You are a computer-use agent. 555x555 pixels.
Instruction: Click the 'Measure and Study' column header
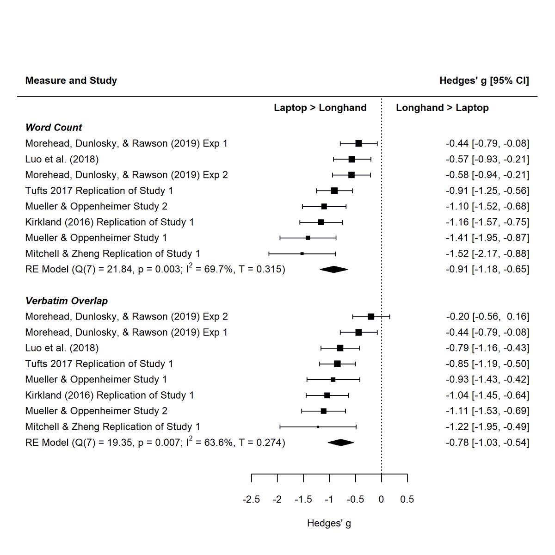[x=71, y=80]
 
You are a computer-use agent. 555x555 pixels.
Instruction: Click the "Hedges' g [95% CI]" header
[x=484, y=80]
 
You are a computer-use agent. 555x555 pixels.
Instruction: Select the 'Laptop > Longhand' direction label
[x=320, y=108]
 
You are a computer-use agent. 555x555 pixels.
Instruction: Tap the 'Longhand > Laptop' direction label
[x=442, y=108]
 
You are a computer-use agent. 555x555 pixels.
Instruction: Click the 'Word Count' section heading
[x=54, y=128]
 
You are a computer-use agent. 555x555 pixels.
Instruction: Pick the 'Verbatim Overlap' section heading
[x=67, y=301]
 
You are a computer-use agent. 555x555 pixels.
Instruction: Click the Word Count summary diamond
[x=333, y=269]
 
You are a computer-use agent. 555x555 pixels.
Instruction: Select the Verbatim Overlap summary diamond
[x=340, y=443]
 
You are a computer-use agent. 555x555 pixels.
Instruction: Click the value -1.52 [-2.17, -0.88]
[x=487, y=253]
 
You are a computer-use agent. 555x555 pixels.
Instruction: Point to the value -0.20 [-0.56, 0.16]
[x=487, y=317]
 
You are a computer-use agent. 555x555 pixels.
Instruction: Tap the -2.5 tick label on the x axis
[x=251, y=499]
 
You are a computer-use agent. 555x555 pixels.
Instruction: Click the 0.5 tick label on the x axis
[x=407, y=499]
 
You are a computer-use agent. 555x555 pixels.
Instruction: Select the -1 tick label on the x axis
[x=329, y=499]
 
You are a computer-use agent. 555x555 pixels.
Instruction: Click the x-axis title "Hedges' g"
[x=329, y=523]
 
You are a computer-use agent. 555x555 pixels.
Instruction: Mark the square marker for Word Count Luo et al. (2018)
[x=352, y=159]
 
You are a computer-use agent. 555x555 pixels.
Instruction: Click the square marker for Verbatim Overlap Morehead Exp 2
[x=371, y=317]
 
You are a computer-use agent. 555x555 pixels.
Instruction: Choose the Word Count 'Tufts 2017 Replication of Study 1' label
[x=99, y=191]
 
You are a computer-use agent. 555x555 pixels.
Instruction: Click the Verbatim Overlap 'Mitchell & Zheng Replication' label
[x=112, y=427]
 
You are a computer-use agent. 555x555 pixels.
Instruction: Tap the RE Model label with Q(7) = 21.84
[x=155, y=269]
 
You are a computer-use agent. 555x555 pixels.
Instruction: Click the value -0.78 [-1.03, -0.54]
[x=487, y=443]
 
